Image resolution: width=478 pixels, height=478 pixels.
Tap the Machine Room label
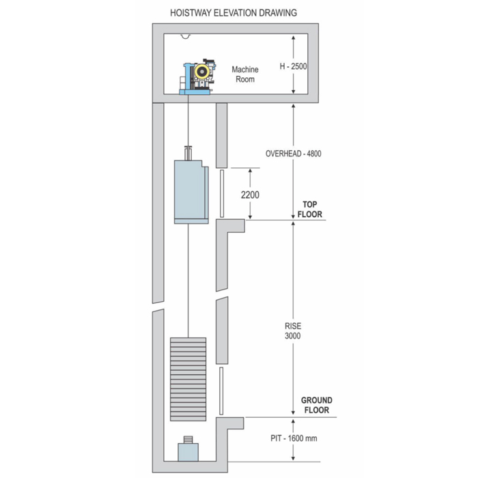click(245, 74)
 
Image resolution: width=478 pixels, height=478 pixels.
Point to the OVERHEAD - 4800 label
click(294, 154)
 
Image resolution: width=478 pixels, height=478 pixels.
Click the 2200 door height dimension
click(249, 195)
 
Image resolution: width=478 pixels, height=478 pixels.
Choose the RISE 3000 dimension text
click(293, 331)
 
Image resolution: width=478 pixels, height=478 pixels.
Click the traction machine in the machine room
click(197, 78)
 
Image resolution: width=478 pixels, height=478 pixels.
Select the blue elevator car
click(189, 192)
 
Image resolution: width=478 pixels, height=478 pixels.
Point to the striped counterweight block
click(188, 379)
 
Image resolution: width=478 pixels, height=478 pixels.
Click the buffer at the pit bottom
click(188, 451)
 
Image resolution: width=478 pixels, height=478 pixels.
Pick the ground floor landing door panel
click(222, 389)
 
